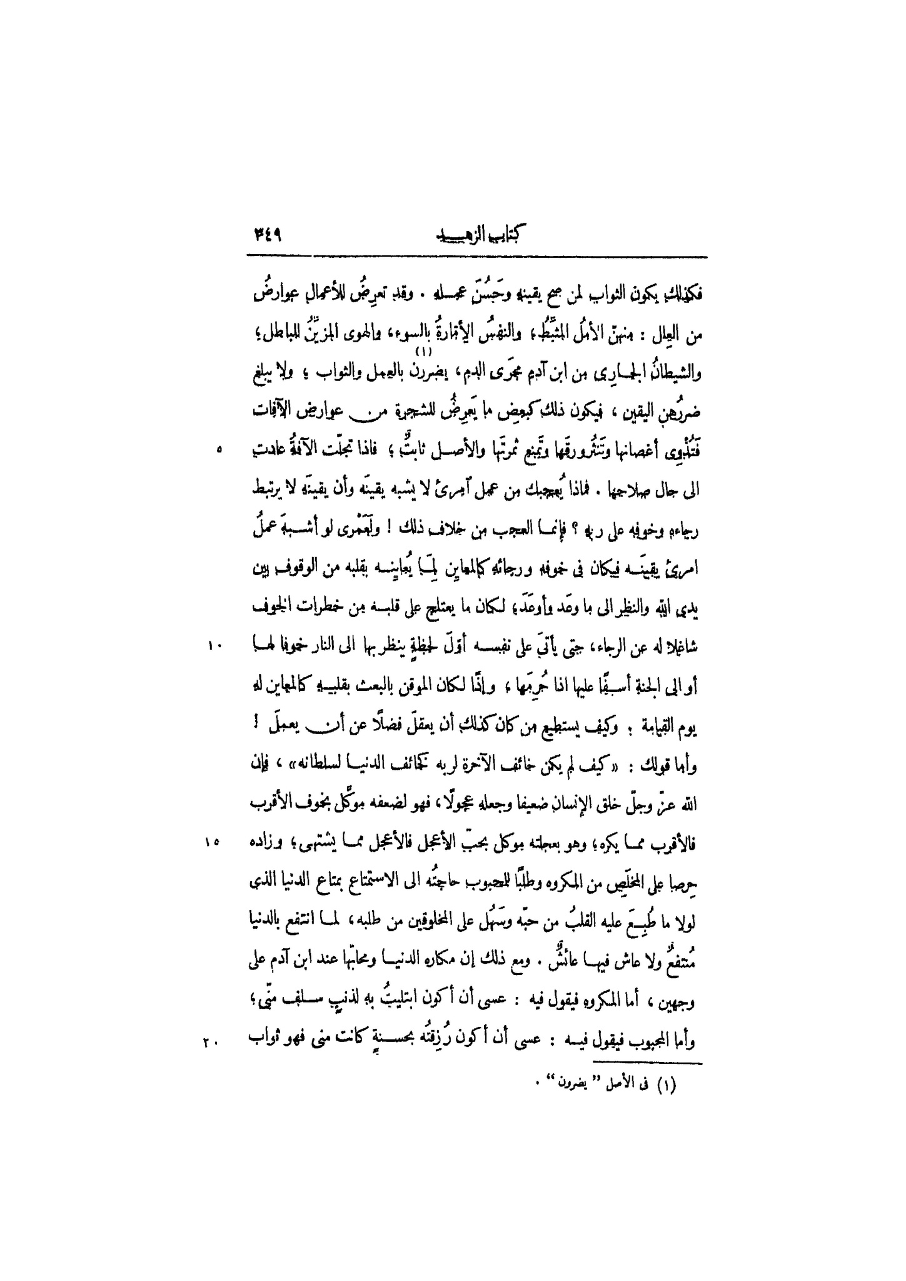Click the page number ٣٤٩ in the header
click(x=269, y=235)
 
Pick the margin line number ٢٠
click(x=211, y=1042)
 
